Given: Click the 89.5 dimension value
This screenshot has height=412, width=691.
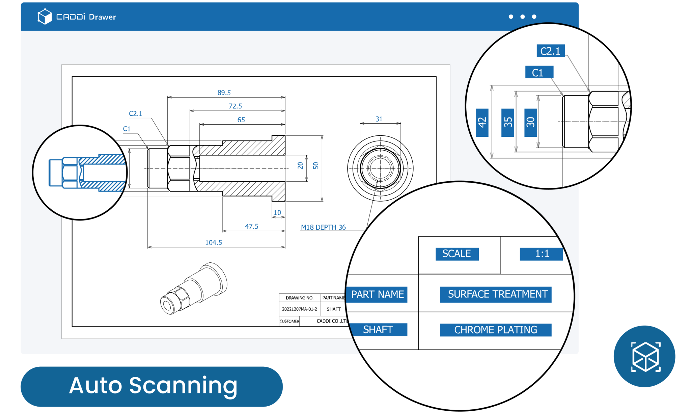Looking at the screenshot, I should [x=224, y=93].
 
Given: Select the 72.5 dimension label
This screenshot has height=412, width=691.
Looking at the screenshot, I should [x=235, y=106].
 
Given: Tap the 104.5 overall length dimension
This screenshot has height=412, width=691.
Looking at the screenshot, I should [x=214, y=242].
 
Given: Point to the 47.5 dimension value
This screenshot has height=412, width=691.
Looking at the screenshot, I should [x=252, y=226].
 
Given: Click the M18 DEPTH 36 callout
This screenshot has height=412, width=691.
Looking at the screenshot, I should [x=323, y=227].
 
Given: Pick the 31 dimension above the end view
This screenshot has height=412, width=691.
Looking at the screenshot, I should [x=379, y=119].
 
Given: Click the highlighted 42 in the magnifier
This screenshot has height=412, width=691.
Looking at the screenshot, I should [x=482, y=123].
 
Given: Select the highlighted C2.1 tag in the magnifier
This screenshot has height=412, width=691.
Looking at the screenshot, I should [x=550, y=51].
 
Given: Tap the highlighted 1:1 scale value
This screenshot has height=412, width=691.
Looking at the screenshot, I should [x=542, y=254].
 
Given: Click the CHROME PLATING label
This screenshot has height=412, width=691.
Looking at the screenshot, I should [x=495, y=330].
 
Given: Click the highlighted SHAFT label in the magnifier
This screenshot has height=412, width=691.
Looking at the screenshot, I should [x=378, y=330].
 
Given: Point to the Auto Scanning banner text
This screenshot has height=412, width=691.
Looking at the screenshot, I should [x=153, y=386].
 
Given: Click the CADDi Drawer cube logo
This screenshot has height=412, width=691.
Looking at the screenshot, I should [x=45, y=17].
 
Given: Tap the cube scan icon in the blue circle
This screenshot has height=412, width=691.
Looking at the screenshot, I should [x=645, y=357].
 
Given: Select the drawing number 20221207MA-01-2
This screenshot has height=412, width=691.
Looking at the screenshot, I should [x=299, y=309].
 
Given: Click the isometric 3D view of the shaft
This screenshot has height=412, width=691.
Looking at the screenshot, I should [x=194, y=289].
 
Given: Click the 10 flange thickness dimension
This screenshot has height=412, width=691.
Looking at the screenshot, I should [x=277, y=212].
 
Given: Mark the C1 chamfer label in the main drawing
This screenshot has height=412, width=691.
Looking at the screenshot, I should [x=127, y=129].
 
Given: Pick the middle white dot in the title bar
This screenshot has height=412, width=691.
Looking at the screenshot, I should [x=523, y=17].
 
